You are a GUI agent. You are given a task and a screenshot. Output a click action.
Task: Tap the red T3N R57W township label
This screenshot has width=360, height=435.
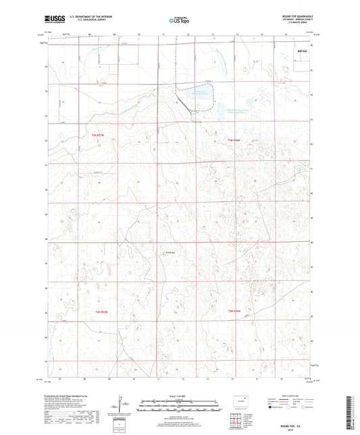click(x=99, y=135)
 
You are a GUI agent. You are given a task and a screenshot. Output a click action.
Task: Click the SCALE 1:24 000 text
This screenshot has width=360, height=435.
click(x=179, y=395)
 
